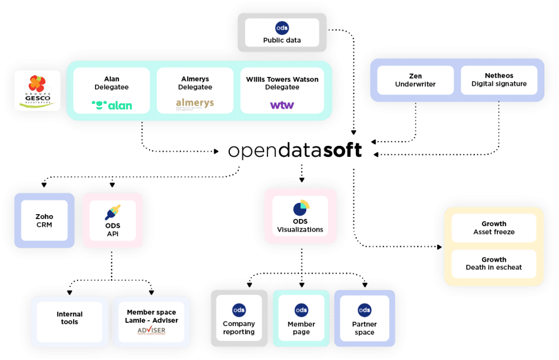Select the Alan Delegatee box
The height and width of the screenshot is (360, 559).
[x=111, y=90]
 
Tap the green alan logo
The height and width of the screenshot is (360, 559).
[x=112, y=105]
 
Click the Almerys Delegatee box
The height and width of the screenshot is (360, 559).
[x=195, y=90]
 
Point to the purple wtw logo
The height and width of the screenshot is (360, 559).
[x=282, y=105]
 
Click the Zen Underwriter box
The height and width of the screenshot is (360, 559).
[x=415, y=80]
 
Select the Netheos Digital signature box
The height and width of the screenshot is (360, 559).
[x=498, y=80]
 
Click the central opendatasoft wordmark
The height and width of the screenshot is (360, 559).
[x=295, y=151]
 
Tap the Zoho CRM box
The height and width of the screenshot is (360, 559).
[x=44, y=220]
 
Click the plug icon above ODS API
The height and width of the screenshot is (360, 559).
[x=113, y=212]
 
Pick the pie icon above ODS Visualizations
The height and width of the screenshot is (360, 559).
[x=301, y=208]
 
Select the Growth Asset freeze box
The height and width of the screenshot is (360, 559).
[x=493, y=228]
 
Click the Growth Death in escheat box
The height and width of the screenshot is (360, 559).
[x=493, y=263]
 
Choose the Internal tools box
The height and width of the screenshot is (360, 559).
[x=69, y=318]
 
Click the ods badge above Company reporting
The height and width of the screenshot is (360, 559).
[x=239, y=310]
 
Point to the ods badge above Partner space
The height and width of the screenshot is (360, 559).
[x=364, y=310]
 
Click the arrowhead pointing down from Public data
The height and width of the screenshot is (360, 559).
[x=354, y=132]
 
